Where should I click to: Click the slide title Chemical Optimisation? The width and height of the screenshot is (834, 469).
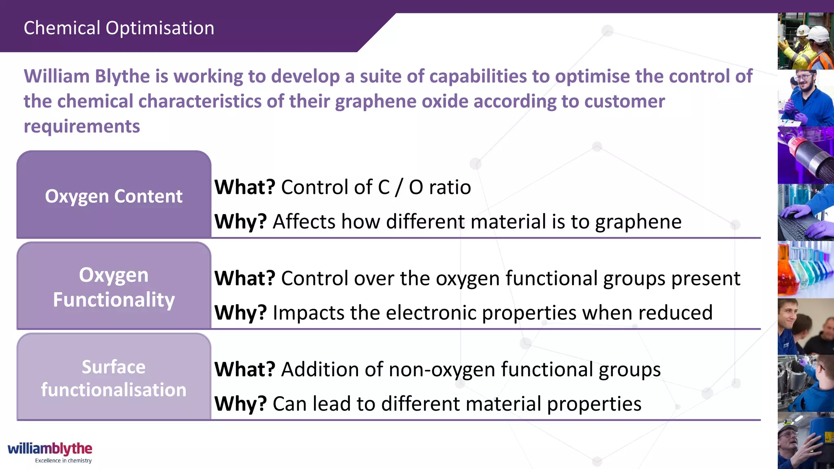(x=119, y=28)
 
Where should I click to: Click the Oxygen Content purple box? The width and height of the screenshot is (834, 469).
(x=114, y=196)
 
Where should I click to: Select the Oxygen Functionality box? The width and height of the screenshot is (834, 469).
(x=114, y=287)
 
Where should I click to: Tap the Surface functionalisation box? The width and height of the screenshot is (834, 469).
(x=114, y=378)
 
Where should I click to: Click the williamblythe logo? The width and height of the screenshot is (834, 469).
(x=50, y=449)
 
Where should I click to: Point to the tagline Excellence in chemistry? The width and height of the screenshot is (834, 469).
(x=63, y=460)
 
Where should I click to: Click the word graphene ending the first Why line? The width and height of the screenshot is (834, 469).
(x=638, y=222)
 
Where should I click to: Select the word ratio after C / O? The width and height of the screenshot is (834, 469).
(x=450, y=187)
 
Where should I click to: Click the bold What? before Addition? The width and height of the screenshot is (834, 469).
(x=245, y=370)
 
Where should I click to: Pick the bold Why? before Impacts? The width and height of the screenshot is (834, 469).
(x=240, y=313)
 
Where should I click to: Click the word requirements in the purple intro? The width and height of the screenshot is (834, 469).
(x=82, y=127)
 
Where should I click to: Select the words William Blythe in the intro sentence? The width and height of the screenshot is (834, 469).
(x=87, y=77)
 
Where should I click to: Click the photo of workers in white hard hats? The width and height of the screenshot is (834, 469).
(x=805, y=41)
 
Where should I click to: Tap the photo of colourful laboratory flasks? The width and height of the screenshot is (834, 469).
(x=805, y=269)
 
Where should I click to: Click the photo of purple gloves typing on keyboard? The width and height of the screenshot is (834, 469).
(x=805, y=212)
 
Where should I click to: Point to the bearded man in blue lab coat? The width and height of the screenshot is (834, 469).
(x=805, y=98)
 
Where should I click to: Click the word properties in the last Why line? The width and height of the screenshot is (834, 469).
(x=594, y=404)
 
